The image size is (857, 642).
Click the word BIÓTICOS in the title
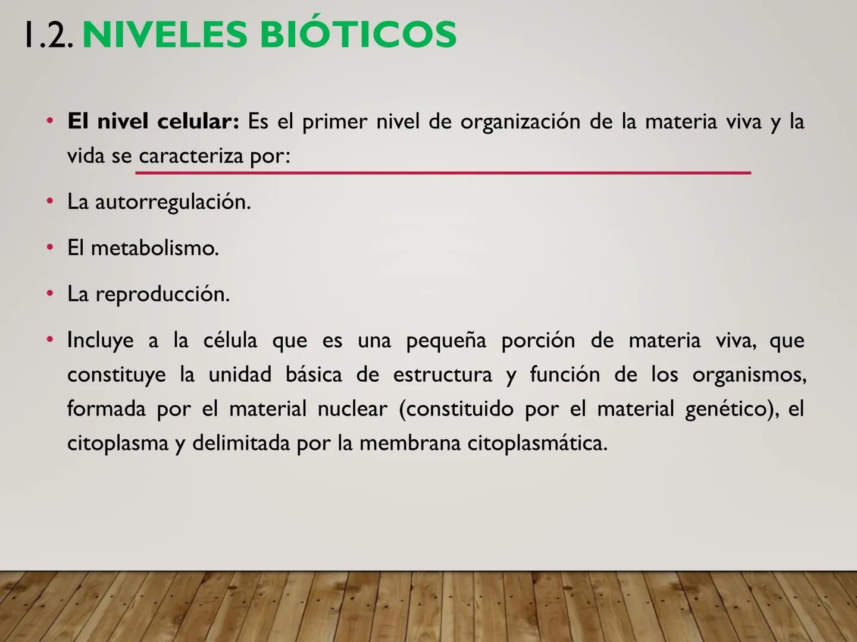pos(358,34)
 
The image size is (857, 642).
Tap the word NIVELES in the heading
pos(164,34)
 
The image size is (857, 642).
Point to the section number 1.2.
pos(48,34)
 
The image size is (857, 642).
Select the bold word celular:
pos(198,121)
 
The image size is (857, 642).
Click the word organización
pos(520,121)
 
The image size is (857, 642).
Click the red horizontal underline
pos(443,173)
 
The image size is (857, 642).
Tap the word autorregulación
pos(173,202)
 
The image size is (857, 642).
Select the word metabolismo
pos(155,248)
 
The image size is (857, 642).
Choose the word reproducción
pos(162,294)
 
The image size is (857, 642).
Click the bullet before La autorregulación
pos(51,202)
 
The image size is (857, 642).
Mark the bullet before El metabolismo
pos(51,247)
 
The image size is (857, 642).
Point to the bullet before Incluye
pos(51,339)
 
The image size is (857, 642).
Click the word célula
pos(230,340)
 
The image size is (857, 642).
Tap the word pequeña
pos(446,341)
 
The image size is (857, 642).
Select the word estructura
pos(443,374)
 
